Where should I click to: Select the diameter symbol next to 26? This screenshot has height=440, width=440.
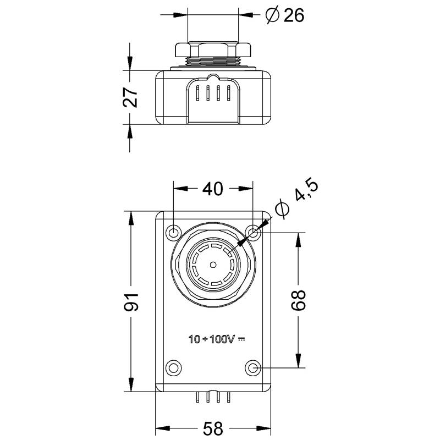272,15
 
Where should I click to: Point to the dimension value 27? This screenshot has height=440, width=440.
130,97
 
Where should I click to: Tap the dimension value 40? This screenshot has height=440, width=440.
212,189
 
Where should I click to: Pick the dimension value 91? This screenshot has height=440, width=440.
131,302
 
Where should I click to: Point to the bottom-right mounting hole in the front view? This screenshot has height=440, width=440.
252,367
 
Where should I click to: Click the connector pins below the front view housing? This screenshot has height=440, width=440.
213,397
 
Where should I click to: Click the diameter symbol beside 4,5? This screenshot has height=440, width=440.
281,209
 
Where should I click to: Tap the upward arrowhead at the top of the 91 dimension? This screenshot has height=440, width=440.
131,216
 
